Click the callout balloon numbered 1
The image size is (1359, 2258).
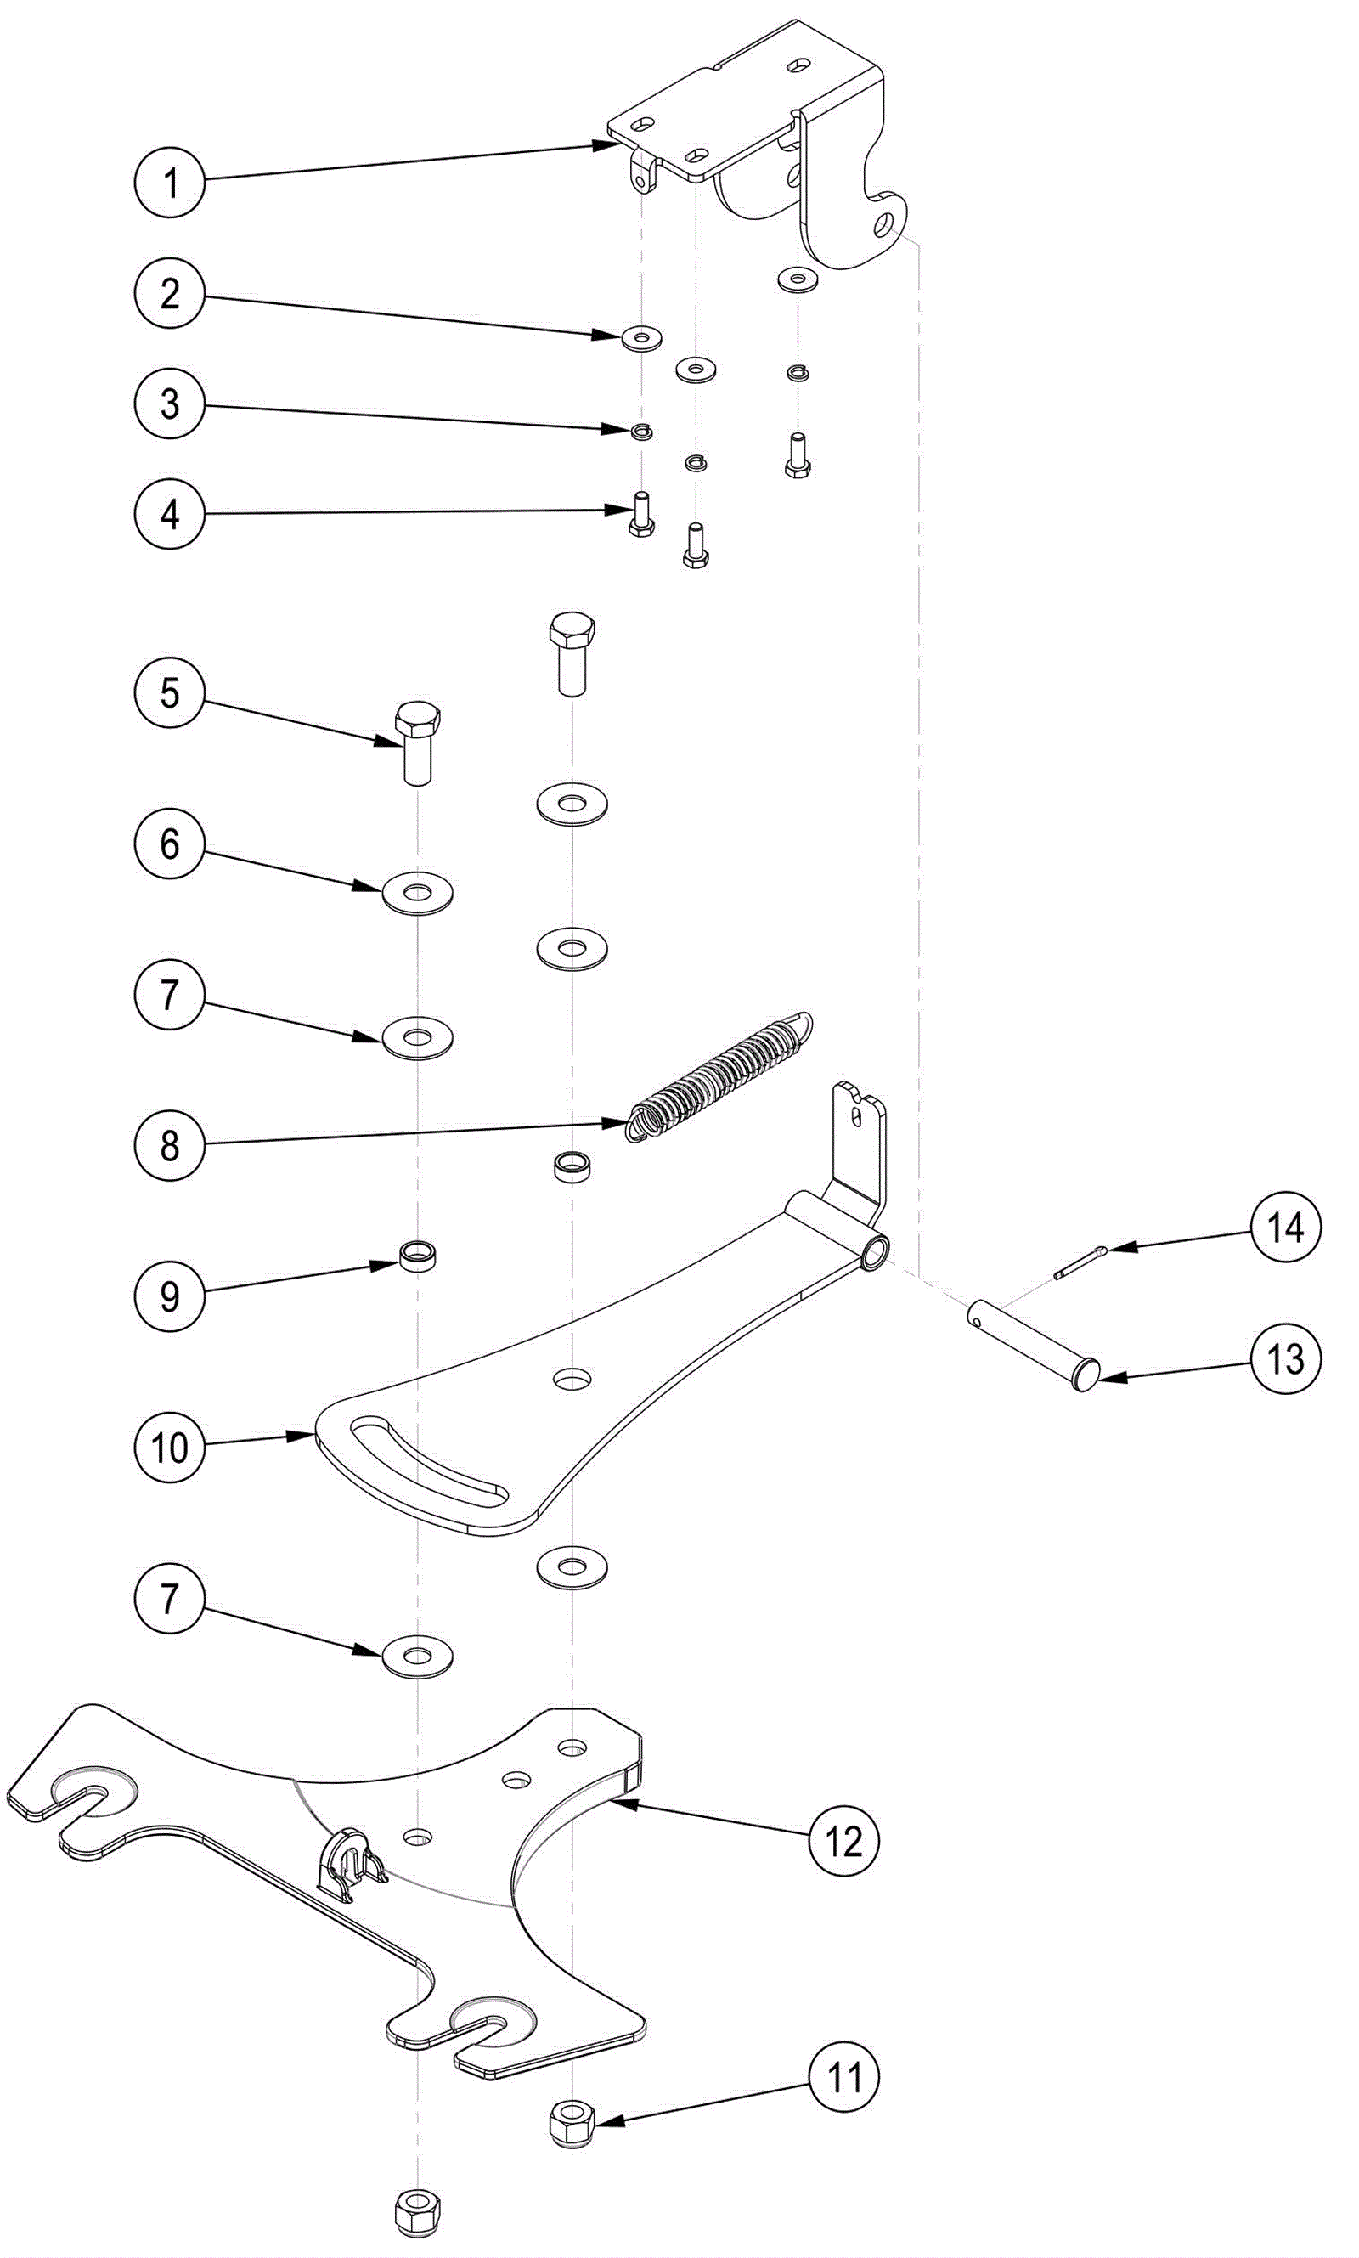(169, 182)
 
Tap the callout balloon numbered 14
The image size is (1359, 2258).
(1286, 1227)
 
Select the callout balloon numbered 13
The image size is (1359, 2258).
(1286, 1359)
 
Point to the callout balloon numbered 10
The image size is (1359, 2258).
(169, 1448)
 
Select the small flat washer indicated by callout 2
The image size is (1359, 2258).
(641, 339)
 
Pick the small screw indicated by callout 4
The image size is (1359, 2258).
(642, 514)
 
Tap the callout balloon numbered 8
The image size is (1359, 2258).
(169, 1145)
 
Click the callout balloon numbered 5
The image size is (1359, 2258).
(169, 693)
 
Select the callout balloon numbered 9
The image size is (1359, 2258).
(169, 1296)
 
